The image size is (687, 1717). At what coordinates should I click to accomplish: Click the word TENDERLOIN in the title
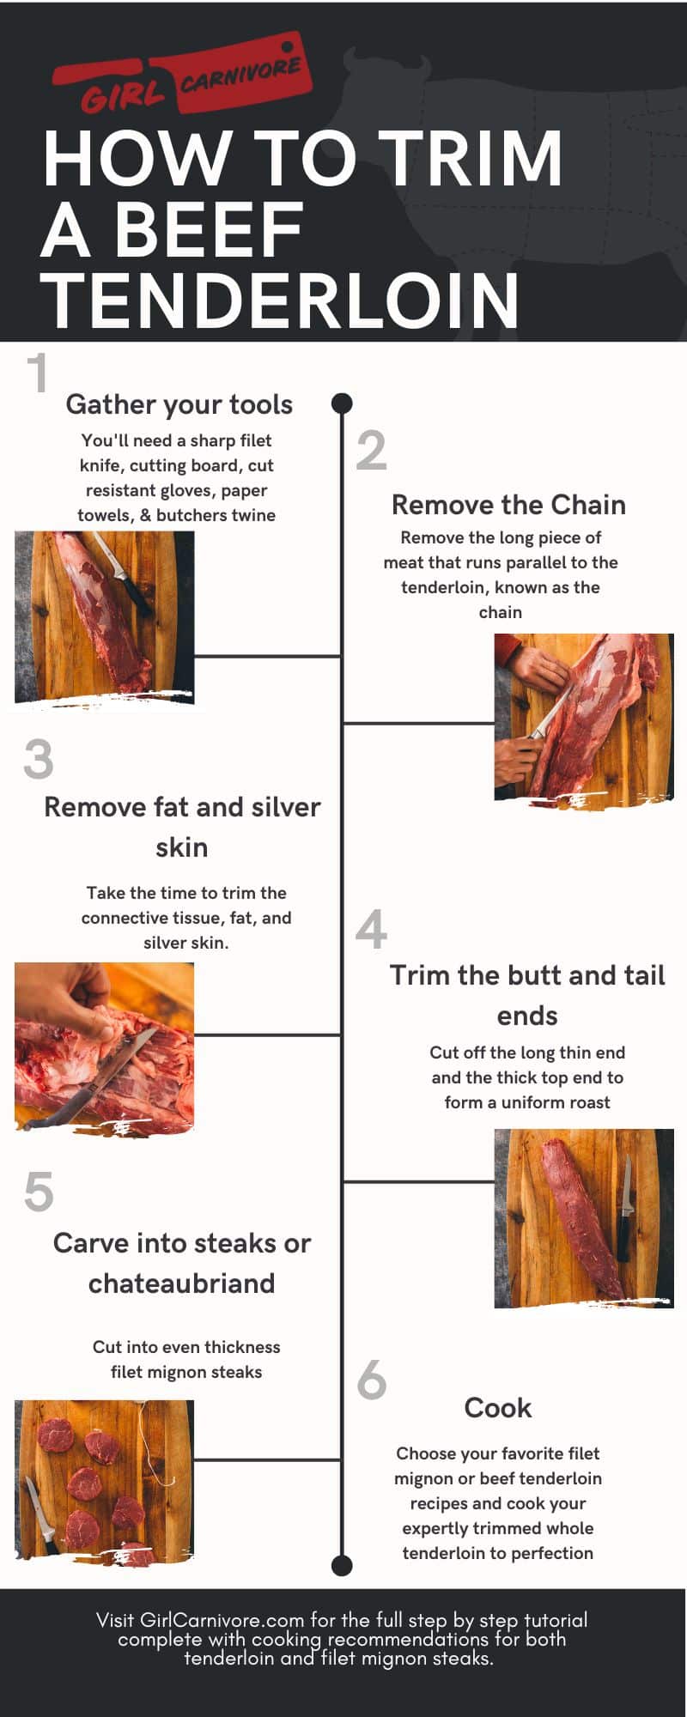point(281,300)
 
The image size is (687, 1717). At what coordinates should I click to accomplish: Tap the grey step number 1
point(37,373)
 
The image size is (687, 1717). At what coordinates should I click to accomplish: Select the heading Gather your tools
point(179,404)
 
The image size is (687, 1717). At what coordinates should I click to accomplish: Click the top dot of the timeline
point(342,403)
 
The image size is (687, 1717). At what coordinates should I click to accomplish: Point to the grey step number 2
point(371,451)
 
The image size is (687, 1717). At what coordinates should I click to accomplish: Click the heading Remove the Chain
point(508,505)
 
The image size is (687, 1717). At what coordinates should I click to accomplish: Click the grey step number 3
point(39,760)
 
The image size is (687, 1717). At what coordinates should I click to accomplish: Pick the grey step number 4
point(371,930)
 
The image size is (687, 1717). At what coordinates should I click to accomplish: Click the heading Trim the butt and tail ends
point(527,994)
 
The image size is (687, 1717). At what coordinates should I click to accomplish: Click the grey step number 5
point(39,1192)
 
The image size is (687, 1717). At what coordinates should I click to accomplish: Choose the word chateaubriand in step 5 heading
point(182,1283)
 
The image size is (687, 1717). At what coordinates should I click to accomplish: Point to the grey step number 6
point(372,1380)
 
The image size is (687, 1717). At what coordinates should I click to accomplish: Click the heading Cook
point(498,1408)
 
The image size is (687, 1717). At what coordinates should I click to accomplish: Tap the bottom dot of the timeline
point(342,1565)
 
